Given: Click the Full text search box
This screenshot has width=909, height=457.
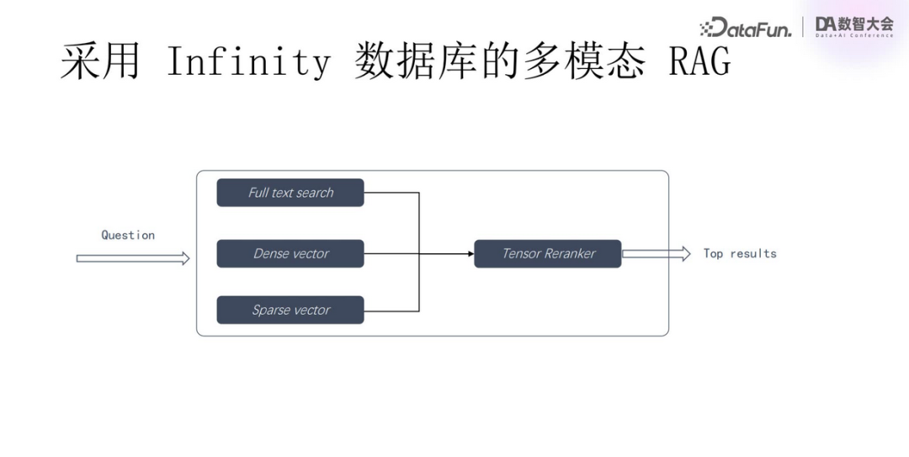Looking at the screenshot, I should pyautogui.click(x=290, y=193).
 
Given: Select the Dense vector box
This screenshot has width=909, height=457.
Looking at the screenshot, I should pyautogui.click(x=290, y=253).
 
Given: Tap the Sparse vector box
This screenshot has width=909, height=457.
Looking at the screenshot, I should pyautogui.click(x=290, y=310).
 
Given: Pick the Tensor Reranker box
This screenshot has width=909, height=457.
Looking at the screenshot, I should pyautogui.click(x=548, y=253).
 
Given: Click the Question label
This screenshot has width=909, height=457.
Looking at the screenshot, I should pyautogui.click(x=128, y=235).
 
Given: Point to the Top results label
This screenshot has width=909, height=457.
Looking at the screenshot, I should pyautogui.click(x=740, y=253).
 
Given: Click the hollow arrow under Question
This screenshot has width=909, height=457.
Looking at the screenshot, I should pyautogui.click(x=133, y=258).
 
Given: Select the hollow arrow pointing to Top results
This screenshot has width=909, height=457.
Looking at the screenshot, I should pyautogui.click(x=656, y=253).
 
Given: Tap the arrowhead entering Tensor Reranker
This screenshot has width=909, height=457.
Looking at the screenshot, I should pyautogui.click(x=470, y=253).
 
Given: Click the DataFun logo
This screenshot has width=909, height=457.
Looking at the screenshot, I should pyautogui.click(x=746, y=28).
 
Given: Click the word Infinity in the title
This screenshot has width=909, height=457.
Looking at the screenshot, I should pyautogui.click(x=248, y=62).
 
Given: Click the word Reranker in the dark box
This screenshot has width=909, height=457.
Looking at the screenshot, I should pyautogui.click(x=570, y=253).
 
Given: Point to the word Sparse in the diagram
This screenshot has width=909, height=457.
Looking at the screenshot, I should pyautogui.click(x=270, y=310).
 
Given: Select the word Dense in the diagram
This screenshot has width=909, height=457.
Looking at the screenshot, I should pyautogui.click(x=272, y=253).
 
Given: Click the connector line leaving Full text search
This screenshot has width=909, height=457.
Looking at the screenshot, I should pyautogui.click(x=391, y=193).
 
